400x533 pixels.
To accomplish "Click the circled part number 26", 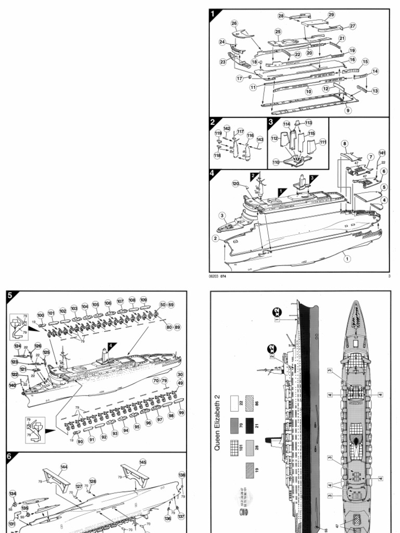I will tap(234, 23).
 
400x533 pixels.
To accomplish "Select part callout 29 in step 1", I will tap(331, 15).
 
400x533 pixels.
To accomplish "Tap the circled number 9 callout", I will tap(348, 110).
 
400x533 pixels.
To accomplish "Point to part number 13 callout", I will tap(375, 91).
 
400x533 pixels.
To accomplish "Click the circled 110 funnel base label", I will tap(276, 162).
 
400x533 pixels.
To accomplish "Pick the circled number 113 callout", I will tap(308, 123).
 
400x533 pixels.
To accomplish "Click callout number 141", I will tap(382, 153).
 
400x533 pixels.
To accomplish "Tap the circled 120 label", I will tap(235, 184).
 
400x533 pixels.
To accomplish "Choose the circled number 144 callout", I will tap(64, 466).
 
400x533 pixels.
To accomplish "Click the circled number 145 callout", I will tap(143, 462).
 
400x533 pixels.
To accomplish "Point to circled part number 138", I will tap(181, 475).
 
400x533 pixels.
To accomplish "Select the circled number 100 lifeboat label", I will tap(41, 315).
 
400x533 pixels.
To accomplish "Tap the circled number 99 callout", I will tap(181, 412).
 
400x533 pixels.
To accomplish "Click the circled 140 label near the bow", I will tap(12, 385).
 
